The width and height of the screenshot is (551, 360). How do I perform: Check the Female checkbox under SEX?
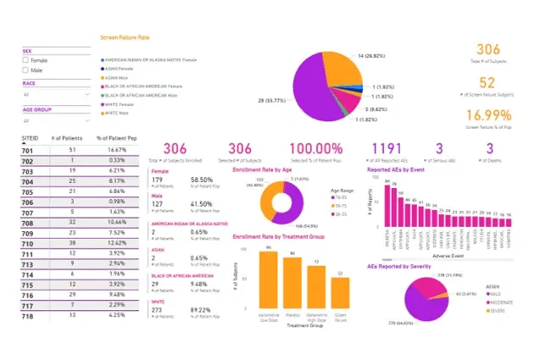(x=25, y=61)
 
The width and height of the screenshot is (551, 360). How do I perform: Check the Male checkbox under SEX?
(x=25, y=70)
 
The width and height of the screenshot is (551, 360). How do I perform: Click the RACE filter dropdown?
(x=54, y=96)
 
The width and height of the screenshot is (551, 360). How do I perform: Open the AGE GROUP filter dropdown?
(x=54, y=121)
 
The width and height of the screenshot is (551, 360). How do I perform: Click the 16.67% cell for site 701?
(x=117, y=148)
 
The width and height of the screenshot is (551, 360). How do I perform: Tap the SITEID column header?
(x=29, y=136)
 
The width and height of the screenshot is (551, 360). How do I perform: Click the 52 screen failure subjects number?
(x=487, y=82)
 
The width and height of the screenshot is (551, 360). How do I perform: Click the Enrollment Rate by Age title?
(x=268, y=169)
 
